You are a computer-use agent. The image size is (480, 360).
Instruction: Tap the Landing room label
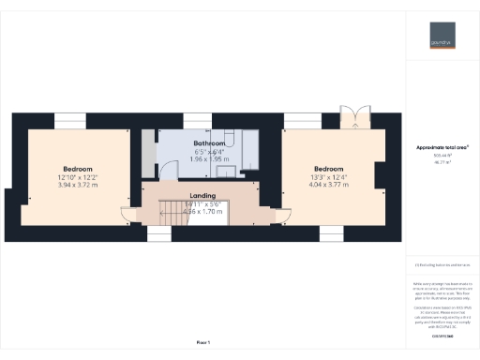(x=202, y=194)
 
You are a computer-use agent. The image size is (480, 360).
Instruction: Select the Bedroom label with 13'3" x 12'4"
(x=334, y=170)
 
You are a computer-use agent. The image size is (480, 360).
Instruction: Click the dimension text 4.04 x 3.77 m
(x=334, y=185)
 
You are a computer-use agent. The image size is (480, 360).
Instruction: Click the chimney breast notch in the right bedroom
(x=379, y=178)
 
